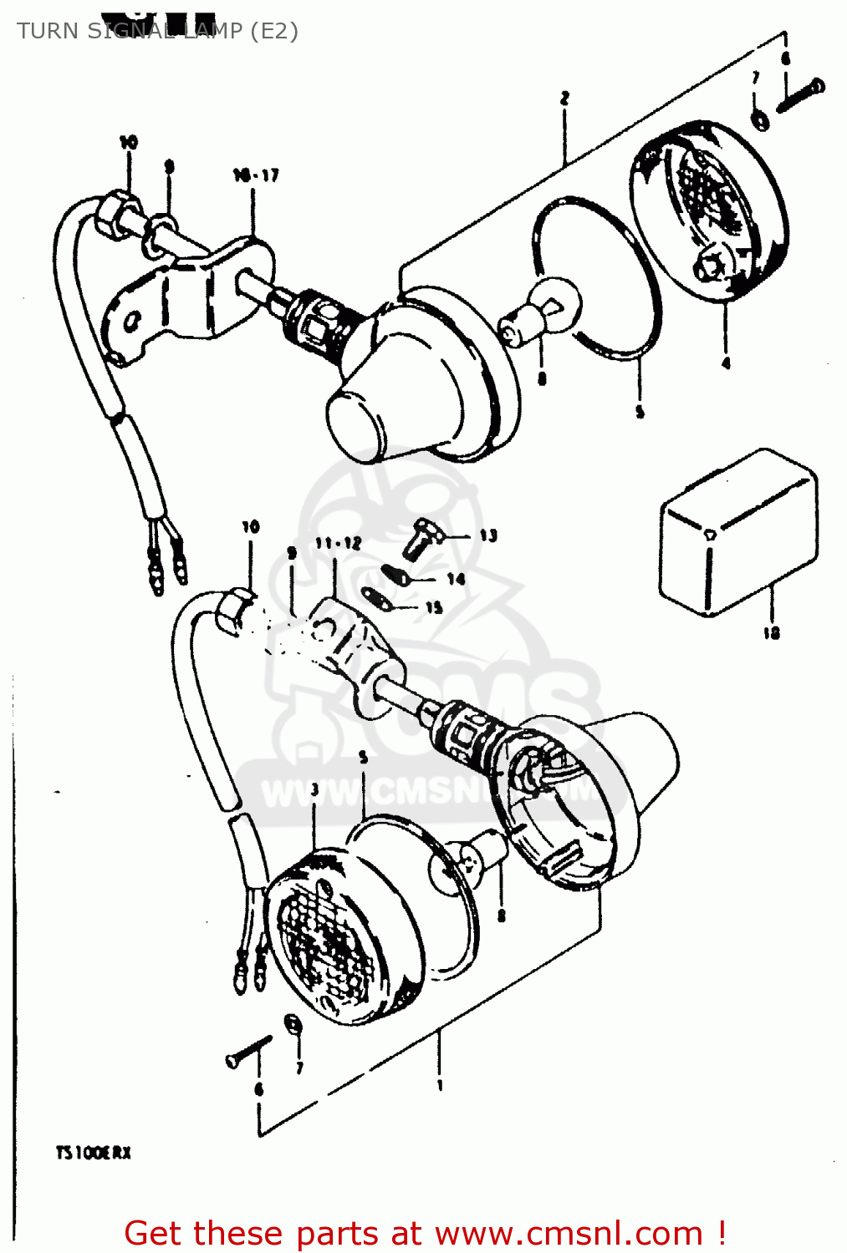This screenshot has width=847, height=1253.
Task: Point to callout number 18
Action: [x=771, y=633]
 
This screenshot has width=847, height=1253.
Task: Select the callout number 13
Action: [x=488, y=535]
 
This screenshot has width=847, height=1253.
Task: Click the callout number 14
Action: [x=456, y=579]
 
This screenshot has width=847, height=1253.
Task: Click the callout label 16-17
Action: [x=256, y=175]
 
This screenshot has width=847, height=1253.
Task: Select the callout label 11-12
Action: [x=338, y=544]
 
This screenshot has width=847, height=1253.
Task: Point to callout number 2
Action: [x=564, y=99]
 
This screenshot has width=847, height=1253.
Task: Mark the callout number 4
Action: [x=725, y=363]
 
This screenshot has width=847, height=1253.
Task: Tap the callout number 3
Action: [x=314, y=789]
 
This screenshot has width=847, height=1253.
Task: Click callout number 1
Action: [x=440, y=1085]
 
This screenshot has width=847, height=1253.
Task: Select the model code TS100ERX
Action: [x=94, y=1153]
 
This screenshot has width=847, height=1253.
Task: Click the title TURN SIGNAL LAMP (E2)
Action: [x=157, y=31]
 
